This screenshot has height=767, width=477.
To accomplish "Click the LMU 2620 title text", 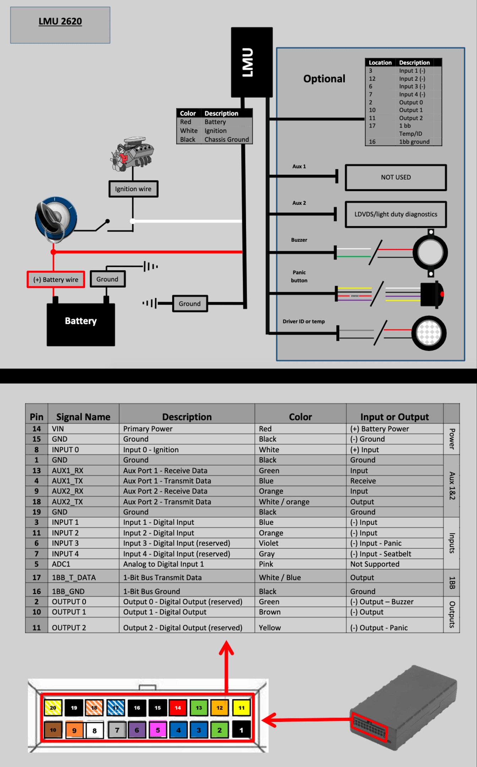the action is [x=60, y=21].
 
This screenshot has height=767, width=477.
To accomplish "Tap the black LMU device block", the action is [x=252, y=62].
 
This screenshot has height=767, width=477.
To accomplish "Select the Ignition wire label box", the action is [x=133, y=189].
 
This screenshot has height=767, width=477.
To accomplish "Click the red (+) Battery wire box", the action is [x=56, y=279].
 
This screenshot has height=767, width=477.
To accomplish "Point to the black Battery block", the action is [x=81, y=324].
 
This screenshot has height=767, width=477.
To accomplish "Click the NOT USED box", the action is [x=396, y=177].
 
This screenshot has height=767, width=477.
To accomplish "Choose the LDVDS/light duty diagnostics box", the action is [x=396, y=214].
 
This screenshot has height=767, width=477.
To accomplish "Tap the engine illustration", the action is [x=132, y=154].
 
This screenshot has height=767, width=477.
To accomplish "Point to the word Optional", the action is [x=324, y=78].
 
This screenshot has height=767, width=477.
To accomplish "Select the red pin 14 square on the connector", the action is [x=178, y=708].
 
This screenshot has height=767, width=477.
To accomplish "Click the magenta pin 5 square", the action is [x=158, y=730].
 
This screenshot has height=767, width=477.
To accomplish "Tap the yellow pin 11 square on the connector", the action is [x=242, y=708].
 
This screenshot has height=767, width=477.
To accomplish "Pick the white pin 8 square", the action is [x=94, y=730].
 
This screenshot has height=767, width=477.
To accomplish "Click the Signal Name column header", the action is [x=83, y=417].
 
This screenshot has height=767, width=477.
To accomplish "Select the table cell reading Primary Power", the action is [x=148, y=429].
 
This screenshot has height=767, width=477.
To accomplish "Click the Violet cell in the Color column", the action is [x=269, y=543].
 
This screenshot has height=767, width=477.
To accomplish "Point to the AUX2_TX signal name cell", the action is [x=67, y=502].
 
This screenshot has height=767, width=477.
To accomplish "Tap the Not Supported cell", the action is [x=375, y=564].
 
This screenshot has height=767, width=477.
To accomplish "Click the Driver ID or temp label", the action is [x=304, y=321].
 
